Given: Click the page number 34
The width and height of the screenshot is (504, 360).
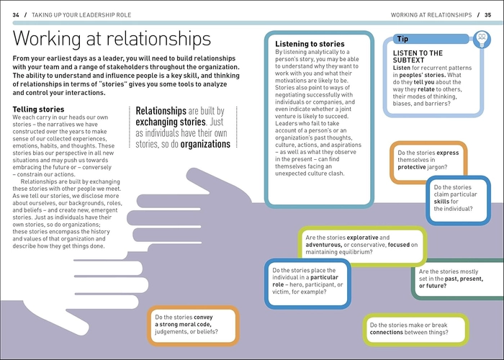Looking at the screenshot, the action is (16, 15).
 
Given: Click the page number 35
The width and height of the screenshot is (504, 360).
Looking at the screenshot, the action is (487, 15).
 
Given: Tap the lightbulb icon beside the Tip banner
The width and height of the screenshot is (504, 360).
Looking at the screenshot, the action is (482, 39).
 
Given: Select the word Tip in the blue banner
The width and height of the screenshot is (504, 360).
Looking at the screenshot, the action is (402, 39).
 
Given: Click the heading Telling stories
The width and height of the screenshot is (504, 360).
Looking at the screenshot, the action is (38, 109).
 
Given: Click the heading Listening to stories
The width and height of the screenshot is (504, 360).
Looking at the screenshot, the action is (310, 44).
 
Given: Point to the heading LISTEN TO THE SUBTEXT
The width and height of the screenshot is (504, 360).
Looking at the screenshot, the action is (418, 57).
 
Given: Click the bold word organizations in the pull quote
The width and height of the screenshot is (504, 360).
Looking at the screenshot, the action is (205, 144).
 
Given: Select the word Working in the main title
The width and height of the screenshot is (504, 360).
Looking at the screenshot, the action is (47, 39).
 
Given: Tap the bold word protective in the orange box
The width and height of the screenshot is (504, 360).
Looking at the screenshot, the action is (411, 167).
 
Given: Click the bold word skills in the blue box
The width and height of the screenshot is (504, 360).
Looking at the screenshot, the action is (441, 202).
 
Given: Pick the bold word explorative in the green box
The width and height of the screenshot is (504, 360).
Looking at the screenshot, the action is (362, 238).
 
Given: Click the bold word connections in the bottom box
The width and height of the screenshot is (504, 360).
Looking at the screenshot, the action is (386, 333).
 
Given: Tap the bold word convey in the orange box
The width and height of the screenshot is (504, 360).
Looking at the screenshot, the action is (203, 318).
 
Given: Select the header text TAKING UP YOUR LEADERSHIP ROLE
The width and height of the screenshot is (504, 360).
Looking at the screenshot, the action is (81, 15).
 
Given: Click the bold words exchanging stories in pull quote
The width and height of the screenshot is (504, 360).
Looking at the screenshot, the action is (171, 122).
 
